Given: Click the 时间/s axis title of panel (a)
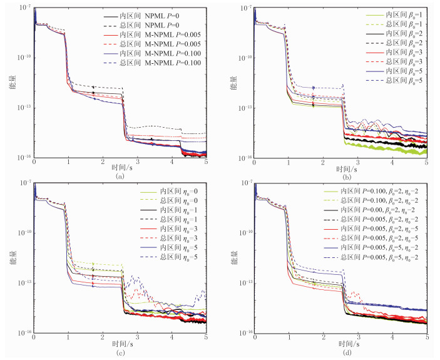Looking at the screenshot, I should [x=120, y=169].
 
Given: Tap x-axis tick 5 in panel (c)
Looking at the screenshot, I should [x=206, y=337].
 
